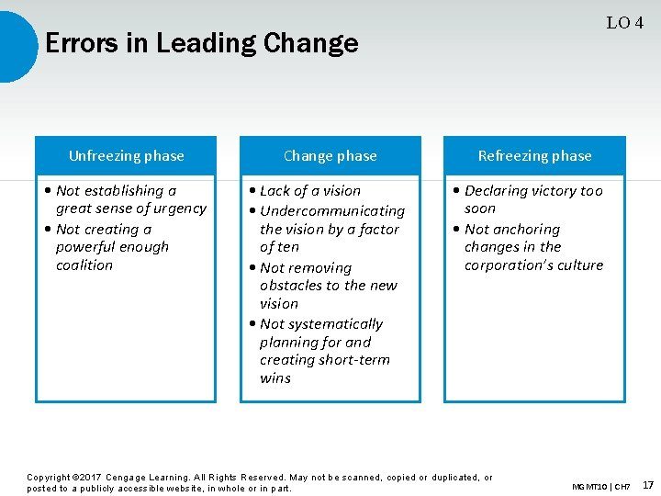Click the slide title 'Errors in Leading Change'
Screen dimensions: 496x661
(201, 43)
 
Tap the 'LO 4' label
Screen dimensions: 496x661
(624, 23)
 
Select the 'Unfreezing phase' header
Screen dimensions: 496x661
(126, 156)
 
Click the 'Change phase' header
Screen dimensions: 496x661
(330, 156)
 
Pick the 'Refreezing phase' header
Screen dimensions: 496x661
(534, 156)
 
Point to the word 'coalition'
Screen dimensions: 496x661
(84, 265)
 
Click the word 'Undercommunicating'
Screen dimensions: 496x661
(332, 211)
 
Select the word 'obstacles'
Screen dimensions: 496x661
(291, 286)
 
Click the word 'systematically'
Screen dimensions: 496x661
(335, 324)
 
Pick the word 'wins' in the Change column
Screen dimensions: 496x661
(274, 378)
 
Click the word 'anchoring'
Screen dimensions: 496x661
(526, 230)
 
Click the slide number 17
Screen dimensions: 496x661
(648, 484)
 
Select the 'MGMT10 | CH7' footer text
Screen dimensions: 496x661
(601, 486)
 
